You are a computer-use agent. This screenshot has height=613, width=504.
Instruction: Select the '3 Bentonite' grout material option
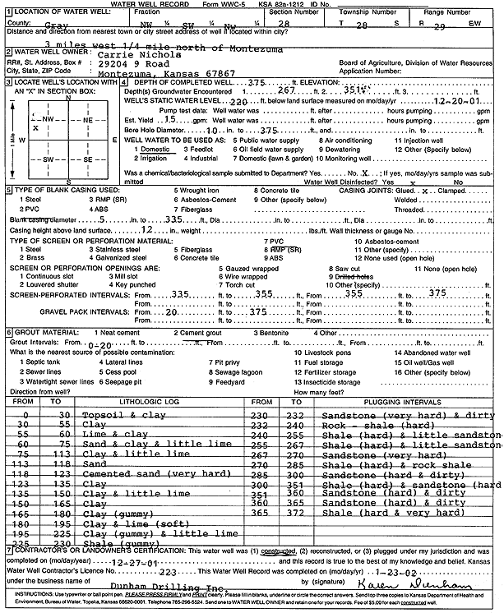(x=270, y=332)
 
